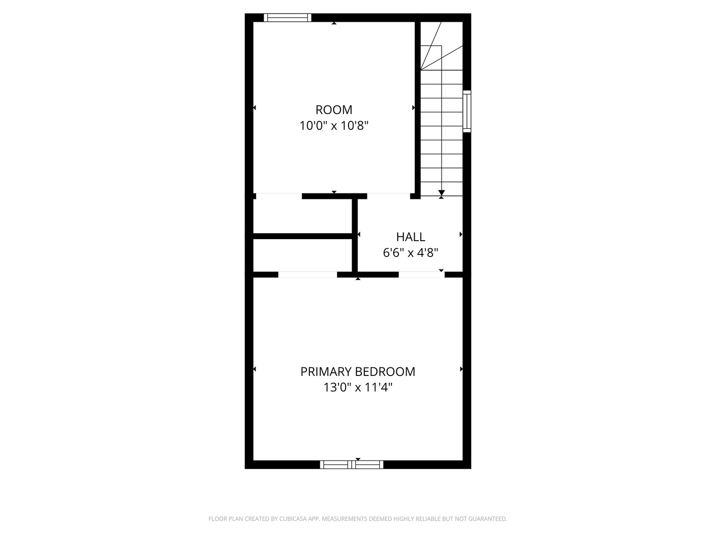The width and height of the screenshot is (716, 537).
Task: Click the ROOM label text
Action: point(334,109)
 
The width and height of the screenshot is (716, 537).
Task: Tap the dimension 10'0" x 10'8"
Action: point(334,125)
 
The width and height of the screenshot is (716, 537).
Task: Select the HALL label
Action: point(411,237)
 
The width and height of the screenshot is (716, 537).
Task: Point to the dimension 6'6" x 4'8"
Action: point(410,253)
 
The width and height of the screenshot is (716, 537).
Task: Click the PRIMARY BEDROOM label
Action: point(358,371)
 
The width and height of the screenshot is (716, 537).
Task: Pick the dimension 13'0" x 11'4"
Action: point(358,387)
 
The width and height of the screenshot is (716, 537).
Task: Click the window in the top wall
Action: point(287,18)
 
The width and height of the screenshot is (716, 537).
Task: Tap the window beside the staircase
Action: point(467,111)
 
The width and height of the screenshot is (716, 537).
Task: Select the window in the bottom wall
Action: point(352,464)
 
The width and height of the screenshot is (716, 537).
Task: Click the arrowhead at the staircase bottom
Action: point(442,192)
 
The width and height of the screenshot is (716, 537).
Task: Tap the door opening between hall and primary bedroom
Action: point(421,274)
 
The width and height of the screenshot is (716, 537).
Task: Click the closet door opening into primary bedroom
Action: point(307,274)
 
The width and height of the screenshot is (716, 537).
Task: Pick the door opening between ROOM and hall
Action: point(388,196)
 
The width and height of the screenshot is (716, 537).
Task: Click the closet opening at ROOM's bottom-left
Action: point(279,196)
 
